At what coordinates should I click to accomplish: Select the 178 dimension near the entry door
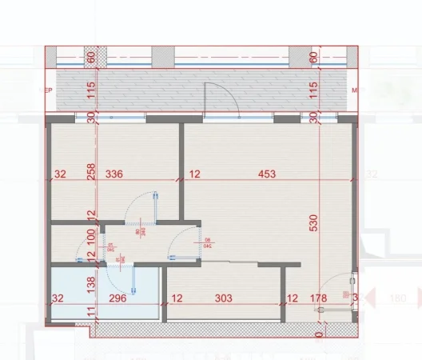(x=319, y=298)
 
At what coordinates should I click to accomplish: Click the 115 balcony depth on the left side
(x=92, y=91)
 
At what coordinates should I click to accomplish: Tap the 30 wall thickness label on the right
(x=313, y=118)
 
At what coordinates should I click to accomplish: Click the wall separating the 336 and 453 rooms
(x=181, y=172)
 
